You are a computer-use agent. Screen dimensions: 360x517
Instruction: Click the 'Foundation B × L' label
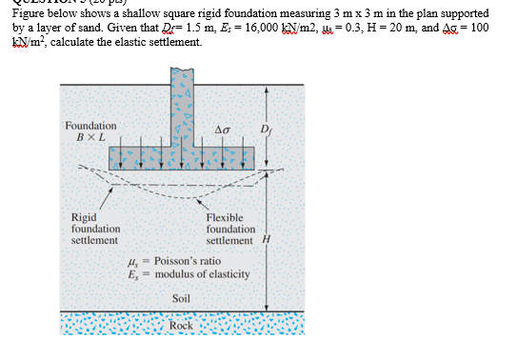[x=90, y=130]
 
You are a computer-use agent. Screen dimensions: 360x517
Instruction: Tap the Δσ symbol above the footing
[x=222, y=130]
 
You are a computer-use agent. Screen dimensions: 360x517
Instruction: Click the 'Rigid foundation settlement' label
[x=95, y=230]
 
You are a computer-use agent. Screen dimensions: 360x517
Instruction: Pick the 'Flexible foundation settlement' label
[x=230, y=230]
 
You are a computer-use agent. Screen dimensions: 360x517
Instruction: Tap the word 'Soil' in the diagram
[x=181, y=298]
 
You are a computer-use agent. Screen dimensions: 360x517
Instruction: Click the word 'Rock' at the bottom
[x=180, y=327]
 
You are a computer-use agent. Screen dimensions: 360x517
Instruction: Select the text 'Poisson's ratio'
[x=188, y=261]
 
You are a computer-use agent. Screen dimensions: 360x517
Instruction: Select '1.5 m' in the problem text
[x=191, y=29]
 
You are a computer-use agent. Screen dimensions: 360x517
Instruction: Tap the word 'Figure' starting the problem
[x=28, y=15]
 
